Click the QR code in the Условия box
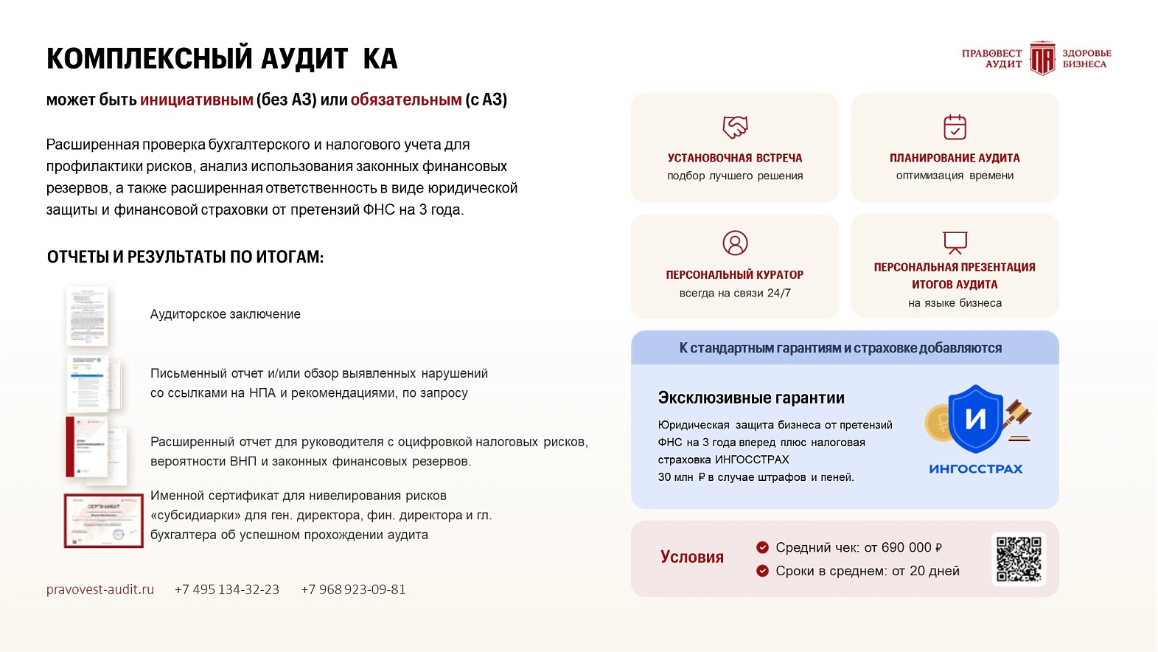(1019, 559)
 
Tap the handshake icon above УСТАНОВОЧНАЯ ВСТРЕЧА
(735, 127)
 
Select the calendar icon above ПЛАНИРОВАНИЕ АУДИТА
(955, 127)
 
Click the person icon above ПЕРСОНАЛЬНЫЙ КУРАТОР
(735, 243)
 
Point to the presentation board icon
(955, 242)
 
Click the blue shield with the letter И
(975, 418)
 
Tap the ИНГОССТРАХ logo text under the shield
(975, 469)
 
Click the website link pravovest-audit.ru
(100, 589)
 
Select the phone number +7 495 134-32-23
(227, 589)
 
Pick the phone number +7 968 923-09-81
(353, 589)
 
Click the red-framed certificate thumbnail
(103, 521)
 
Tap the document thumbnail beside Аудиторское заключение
(88, 316)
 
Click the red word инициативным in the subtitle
(197, 100)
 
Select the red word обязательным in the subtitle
(406, 100)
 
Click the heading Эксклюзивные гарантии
(751, 398)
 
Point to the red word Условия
(691, 557)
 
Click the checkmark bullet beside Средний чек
(762, 547)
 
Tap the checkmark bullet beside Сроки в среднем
(762, 571)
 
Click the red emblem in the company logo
(1042, 58)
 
